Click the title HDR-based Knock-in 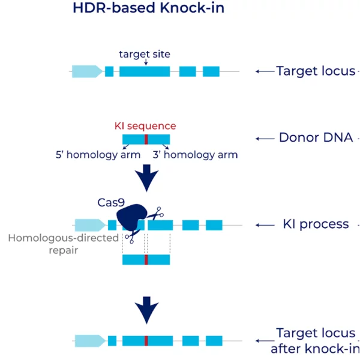tap(148, 8)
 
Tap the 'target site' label tap(145, 54)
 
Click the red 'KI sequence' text tap(145, 126)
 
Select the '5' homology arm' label tap(98, 155)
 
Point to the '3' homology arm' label tap(195, 155)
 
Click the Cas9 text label tap(111, 203)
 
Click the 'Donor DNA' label tap(316, 137)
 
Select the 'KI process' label tap(316, 224)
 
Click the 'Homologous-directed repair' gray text tap(64, 244)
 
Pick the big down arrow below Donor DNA tap(147, 178)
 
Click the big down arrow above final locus tap(147, 310)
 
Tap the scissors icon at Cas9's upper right tap(155, 214)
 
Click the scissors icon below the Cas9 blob tap(132, 236)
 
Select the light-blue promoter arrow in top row tap(87, 71)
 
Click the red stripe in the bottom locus tap(146, 341)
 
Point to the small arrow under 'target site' tap(146, 62)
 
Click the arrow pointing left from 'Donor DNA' tap(265, 139)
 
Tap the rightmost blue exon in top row tap(211, 71)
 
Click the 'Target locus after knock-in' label tap(315, 341)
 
